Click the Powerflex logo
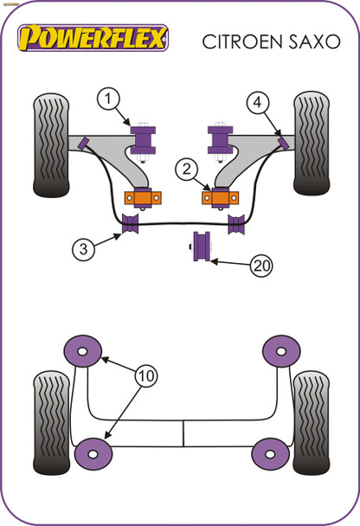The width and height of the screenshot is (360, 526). point(94,38)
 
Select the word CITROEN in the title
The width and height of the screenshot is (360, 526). point(237,40)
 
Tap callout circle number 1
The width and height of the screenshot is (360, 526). point(108,100)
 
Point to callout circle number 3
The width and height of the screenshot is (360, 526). point(83,250)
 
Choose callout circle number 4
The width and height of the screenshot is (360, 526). point(257,103)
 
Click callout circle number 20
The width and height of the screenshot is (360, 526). point(260,266)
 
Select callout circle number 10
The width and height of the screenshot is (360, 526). point(145,376)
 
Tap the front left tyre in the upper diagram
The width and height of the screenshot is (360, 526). point(51,144)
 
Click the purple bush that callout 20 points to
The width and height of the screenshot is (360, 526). point(204,245)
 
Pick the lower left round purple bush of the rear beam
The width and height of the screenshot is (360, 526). point(93,453)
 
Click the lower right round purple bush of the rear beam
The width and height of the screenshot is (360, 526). point(270,453)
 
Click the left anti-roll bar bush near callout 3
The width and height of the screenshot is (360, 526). point(132,225)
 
